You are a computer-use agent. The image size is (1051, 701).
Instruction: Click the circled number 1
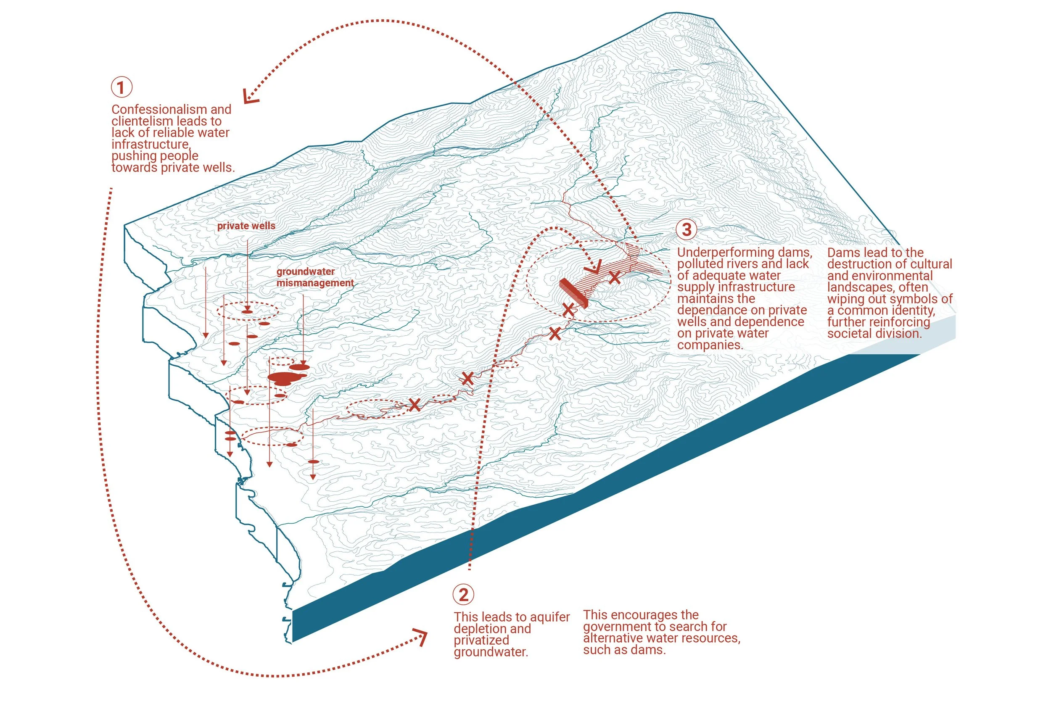pos(121,87)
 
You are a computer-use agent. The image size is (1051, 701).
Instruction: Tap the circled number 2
pos(463,594)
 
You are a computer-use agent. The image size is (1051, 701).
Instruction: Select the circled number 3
pos(687,229)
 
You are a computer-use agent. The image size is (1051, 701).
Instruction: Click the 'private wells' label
pos(246,226)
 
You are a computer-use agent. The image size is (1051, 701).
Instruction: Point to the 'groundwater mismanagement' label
pos(314,277)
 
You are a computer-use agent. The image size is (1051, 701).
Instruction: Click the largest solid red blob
pos(285,377)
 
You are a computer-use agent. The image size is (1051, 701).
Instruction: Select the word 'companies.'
pos(709,345)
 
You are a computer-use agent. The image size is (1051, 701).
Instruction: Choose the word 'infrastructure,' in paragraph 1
pos(151,145)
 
